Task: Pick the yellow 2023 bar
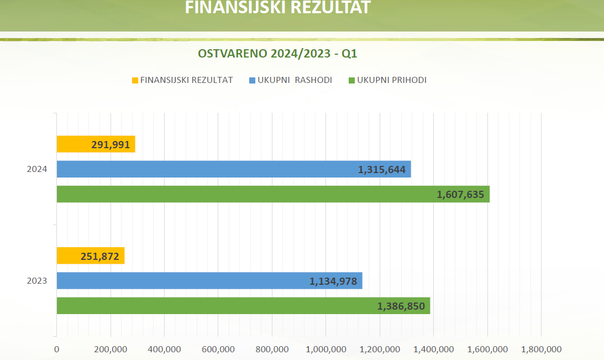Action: click(72, 255)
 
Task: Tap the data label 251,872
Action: click(100, 256)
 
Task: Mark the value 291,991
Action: click(111, 145)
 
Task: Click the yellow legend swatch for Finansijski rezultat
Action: click(135, 81)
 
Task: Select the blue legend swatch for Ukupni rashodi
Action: click(253, 81)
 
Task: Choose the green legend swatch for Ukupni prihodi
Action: click(352, 81)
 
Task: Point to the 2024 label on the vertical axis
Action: click(37, 169)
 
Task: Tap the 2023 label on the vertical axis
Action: click(37, 281)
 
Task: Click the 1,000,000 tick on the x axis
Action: click(326, 349)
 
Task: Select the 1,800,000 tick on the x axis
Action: click(541, 349)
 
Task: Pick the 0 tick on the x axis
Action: click(56, 349)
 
